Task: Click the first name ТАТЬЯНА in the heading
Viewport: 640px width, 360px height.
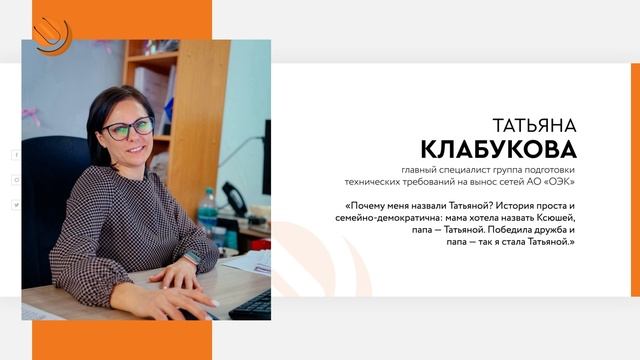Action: tap(535, 125)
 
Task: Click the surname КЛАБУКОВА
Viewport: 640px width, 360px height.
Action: tap(499, 149)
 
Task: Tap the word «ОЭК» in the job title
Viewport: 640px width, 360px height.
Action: tap(558, 183)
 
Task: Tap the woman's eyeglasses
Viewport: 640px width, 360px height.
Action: tap(131, 128)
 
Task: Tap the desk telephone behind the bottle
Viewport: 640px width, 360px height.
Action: tap(235, 199)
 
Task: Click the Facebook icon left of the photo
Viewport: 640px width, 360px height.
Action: tap(16, 155)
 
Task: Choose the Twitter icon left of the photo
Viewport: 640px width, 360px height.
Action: tap(16, 204)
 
